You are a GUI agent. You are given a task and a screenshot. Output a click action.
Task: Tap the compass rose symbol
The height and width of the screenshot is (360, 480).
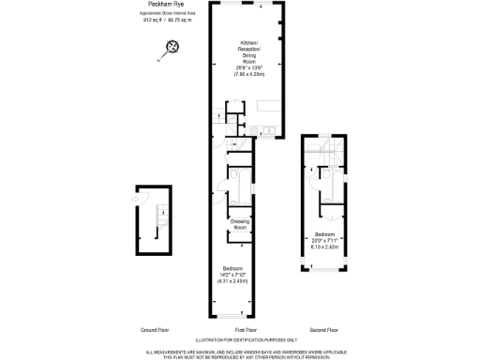click(172, 47)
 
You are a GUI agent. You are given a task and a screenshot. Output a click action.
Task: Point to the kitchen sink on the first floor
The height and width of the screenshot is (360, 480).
click(267, 129)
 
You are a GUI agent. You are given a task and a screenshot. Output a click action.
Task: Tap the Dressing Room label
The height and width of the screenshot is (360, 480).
click(240, 225)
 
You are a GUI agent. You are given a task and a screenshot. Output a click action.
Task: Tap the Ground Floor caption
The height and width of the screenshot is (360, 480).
click(154, 330)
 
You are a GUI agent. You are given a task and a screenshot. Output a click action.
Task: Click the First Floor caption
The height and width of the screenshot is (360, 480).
click(245, 330)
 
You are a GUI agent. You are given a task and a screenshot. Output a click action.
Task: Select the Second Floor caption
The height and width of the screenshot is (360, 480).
click(324, 330)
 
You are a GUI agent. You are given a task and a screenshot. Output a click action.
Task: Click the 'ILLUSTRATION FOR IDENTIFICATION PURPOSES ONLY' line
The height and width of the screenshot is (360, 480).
click(245, 339)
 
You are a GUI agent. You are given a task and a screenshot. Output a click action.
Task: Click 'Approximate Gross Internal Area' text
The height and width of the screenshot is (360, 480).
click(166, 13)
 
